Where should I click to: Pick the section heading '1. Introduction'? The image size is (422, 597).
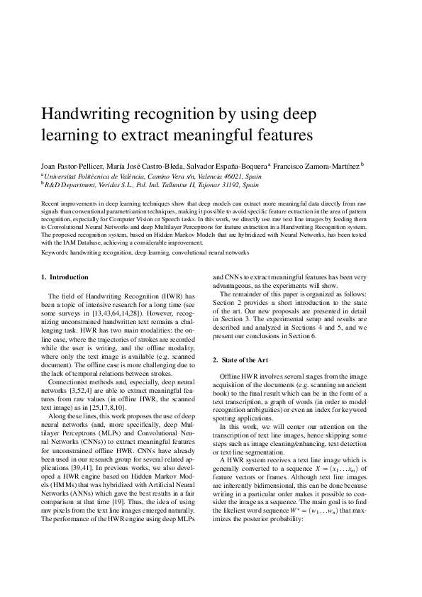pos(65,277)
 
